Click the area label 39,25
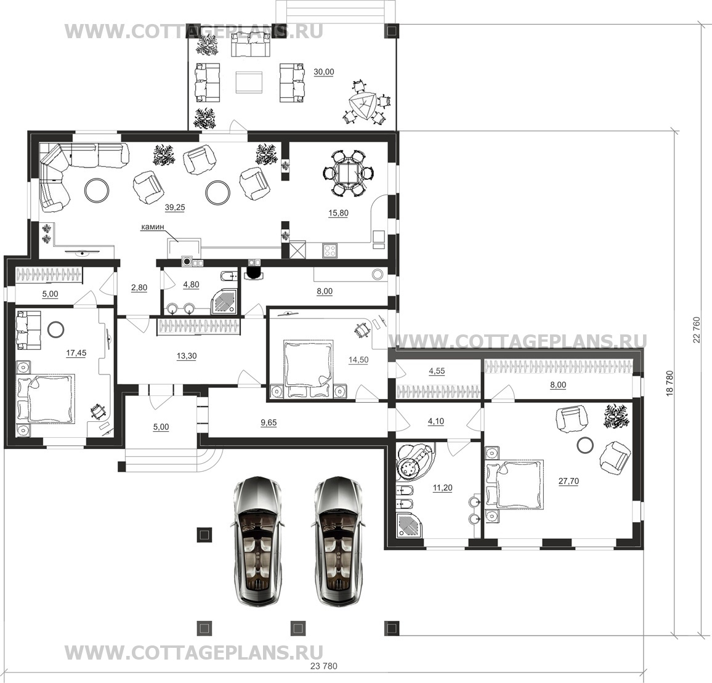175,208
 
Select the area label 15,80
338,213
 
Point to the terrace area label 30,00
324,72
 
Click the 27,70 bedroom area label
568,481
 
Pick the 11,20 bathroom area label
442,488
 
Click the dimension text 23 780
324,666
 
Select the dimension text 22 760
697,330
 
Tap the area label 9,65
268,422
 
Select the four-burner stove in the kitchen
330,251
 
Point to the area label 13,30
186,357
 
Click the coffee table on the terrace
248,83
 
